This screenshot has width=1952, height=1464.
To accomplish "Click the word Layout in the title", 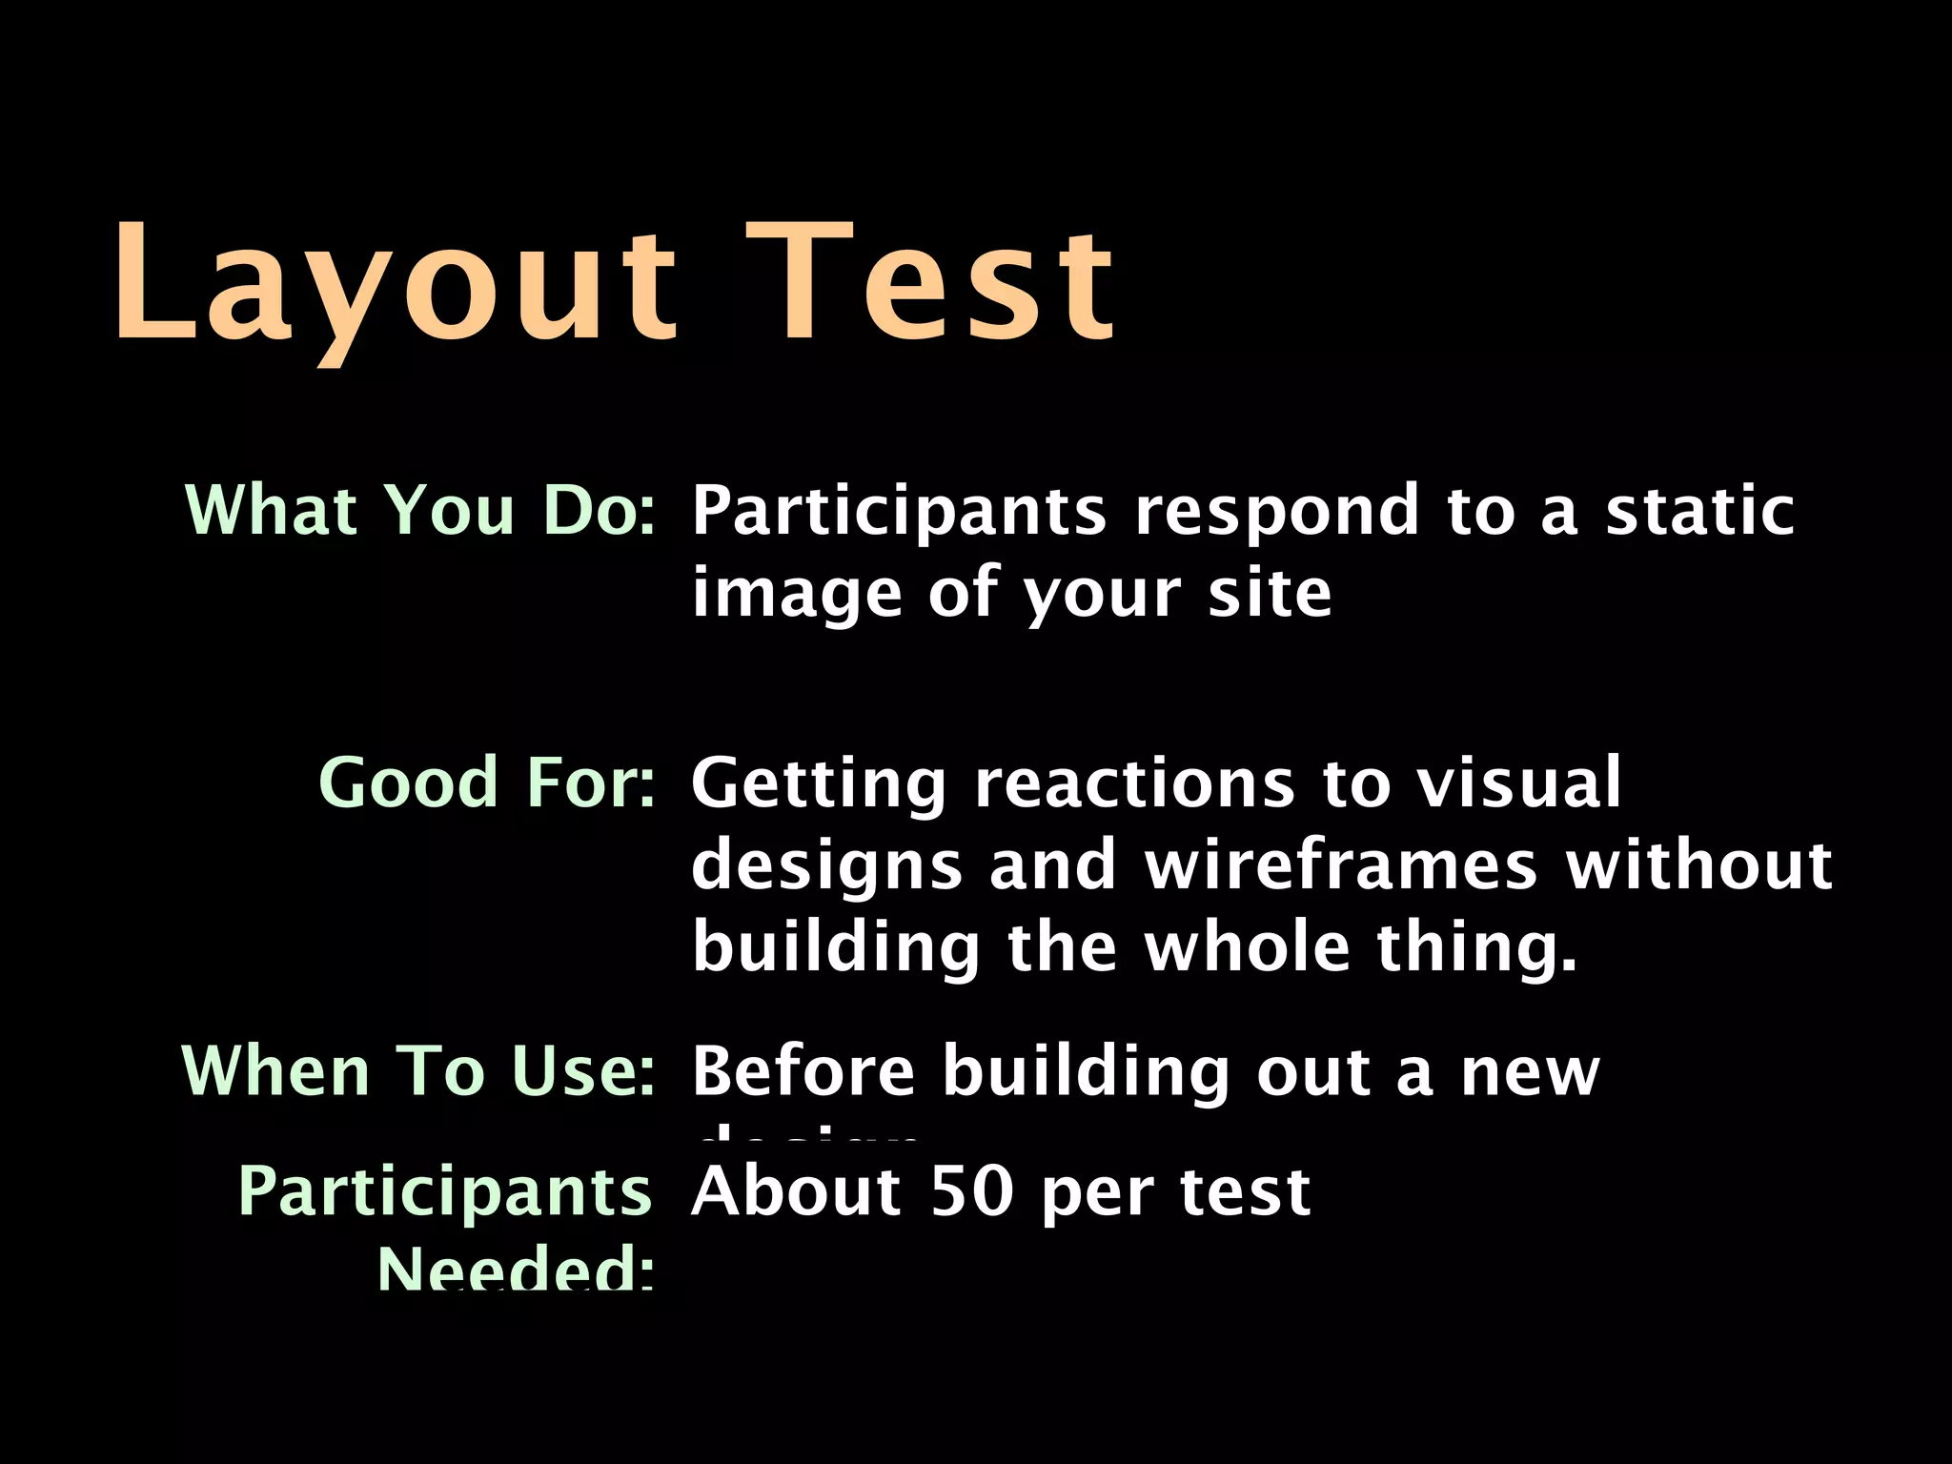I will click(396, 281).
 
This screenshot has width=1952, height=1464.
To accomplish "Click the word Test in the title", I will click(929, 281).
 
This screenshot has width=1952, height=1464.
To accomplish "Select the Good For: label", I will click(487, 783).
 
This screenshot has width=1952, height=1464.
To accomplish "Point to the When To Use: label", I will click(418, 1071).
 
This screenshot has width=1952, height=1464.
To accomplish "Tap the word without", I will click(1698, 865).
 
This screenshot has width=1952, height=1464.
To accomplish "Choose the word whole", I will click(1248, 947).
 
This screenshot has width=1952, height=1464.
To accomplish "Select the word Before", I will click(803, 1071).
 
